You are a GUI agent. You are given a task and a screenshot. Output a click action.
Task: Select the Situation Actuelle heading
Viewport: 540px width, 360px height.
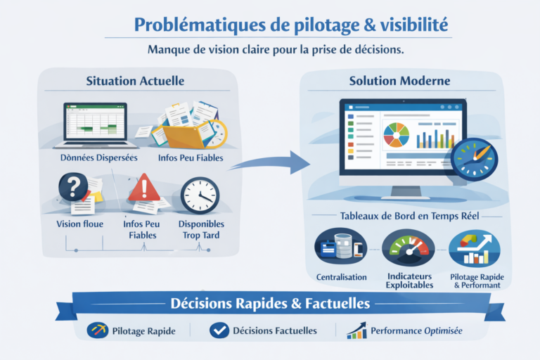coord(135,81)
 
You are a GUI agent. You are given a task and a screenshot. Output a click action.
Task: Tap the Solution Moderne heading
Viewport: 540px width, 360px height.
coord(399,81)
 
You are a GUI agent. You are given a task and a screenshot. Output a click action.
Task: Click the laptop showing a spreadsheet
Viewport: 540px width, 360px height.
coord(95,125)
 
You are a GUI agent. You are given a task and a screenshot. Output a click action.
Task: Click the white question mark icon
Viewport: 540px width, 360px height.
coord(73,187)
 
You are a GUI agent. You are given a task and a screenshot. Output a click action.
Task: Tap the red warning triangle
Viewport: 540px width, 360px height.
coord(144,188)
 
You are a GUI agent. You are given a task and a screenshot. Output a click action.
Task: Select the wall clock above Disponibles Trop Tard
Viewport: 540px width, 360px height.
coord(200,195)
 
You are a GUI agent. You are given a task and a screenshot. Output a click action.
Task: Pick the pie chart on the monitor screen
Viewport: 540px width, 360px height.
coord(396,135)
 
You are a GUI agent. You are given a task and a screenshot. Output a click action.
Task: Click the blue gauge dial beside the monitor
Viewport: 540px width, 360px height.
coord(474,160)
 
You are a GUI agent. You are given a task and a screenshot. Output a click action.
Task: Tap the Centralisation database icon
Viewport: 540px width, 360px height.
coord(340,246)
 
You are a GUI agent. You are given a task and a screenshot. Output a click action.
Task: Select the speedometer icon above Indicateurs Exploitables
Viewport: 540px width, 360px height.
coord(409,247)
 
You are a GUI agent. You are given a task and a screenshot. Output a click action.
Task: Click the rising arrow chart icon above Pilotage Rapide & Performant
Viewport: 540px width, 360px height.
coord(475,248)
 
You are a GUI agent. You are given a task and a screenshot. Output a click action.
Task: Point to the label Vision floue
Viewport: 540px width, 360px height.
coord(80,224)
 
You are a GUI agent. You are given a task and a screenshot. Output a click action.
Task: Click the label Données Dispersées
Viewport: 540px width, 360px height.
coord(99,157)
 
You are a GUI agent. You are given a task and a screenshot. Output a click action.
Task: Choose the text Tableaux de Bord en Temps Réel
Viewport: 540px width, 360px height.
coord(409,216)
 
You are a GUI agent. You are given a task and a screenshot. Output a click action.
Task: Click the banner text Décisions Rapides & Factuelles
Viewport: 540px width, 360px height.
coord(270,304)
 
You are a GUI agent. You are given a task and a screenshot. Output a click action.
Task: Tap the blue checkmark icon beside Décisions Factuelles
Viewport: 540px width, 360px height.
coord(219,330)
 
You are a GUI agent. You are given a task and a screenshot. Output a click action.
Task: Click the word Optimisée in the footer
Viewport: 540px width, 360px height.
coord(443,330)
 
